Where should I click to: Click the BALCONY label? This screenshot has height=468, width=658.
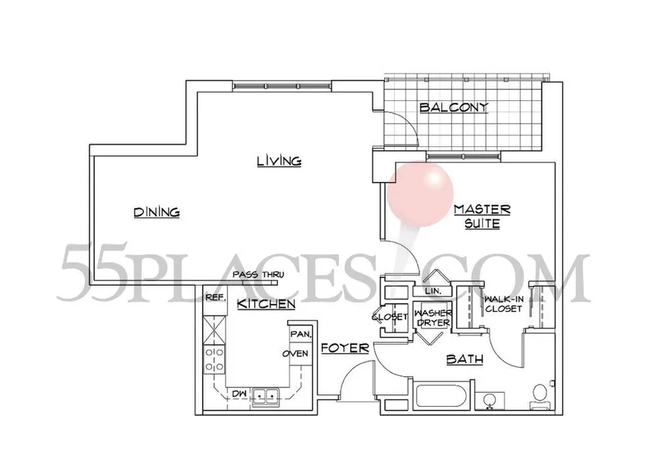point(454,108)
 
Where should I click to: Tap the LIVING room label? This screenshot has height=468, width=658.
point(278,161)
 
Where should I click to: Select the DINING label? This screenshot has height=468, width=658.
point(155,212)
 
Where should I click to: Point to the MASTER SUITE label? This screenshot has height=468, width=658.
point(481,216)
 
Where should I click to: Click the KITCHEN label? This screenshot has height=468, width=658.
point(265,305)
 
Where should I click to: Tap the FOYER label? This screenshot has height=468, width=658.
point(344,349)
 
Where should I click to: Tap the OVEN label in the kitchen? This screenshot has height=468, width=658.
point(295,353)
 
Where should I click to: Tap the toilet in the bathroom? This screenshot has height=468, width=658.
point(540,393)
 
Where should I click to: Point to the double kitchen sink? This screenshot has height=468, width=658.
point(265,396)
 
